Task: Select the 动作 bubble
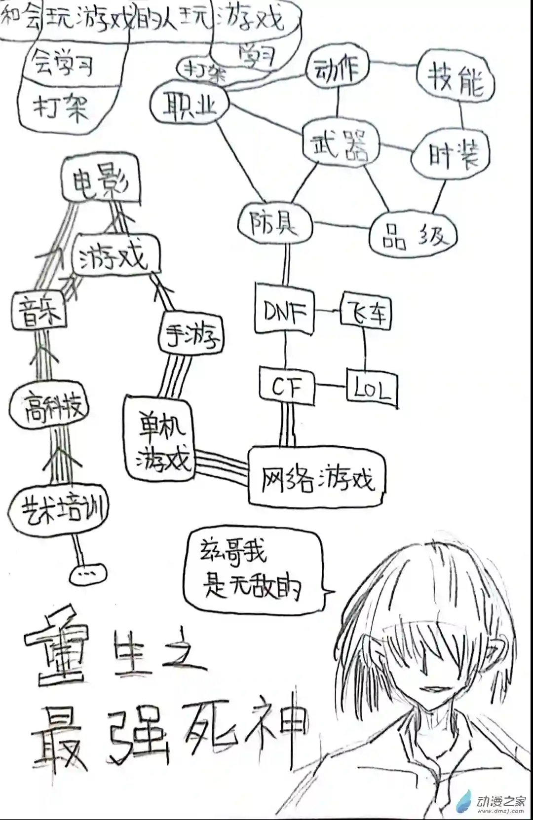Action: (x=338, y=69)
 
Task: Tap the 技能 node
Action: (x=456, y=79)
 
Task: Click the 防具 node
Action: (x=274, y=224)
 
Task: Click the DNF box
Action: (x=285, y=311)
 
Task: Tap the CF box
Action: (x=287, y=387)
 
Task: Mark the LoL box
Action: (x=372, y=388)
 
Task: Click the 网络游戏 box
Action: (x=316, y=475)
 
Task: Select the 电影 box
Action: (x=100, y=180)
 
